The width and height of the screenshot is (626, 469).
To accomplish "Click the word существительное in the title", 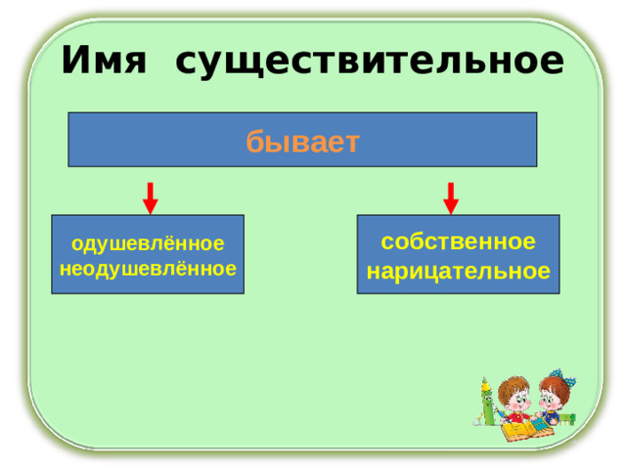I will [x=369, y=62].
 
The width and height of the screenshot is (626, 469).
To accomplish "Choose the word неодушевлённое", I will [x=148, y=267].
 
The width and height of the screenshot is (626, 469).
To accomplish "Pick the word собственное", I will [x=458, y=241].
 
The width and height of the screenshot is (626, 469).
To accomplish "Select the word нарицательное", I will [x=458, y=271].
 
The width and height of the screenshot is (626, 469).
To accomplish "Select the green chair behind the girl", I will [x=570, y=417].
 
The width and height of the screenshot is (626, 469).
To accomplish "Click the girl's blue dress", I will [x=554, y=417].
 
